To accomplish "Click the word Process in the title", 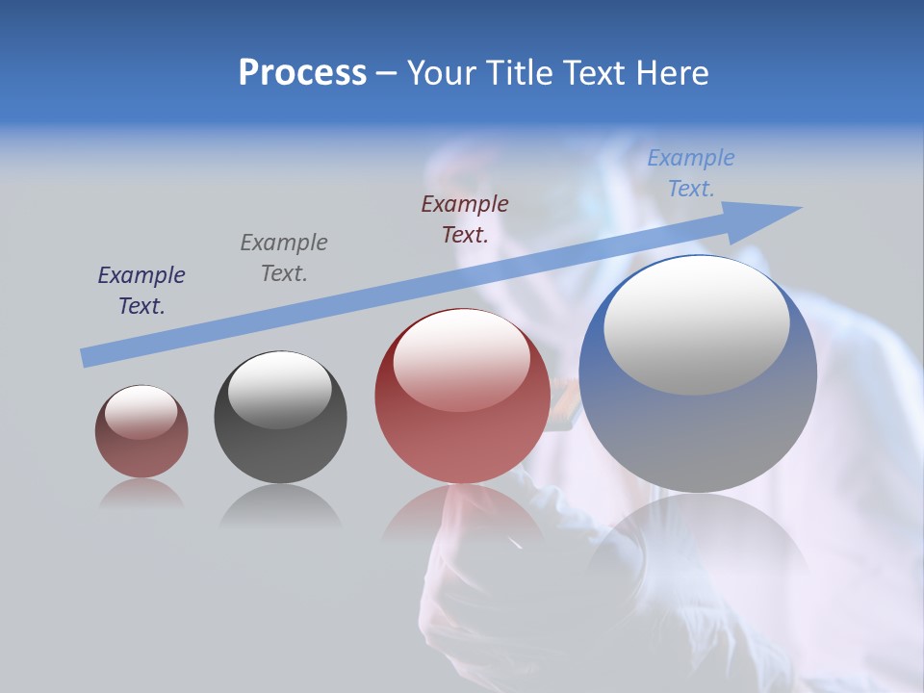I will (302, 73).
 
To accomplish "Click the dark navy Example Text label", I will (141, 291).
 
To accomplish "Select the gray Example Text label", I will (284, 258).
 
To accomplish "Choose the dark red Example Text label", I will (465, 218).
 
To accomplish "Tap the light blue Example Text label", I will (691, 173).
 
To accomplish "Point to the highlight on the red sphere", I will (461, 359).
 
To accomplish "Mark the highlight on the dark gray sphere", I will (280, 388).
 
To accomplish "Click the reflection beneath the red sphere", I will (462, 515).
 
